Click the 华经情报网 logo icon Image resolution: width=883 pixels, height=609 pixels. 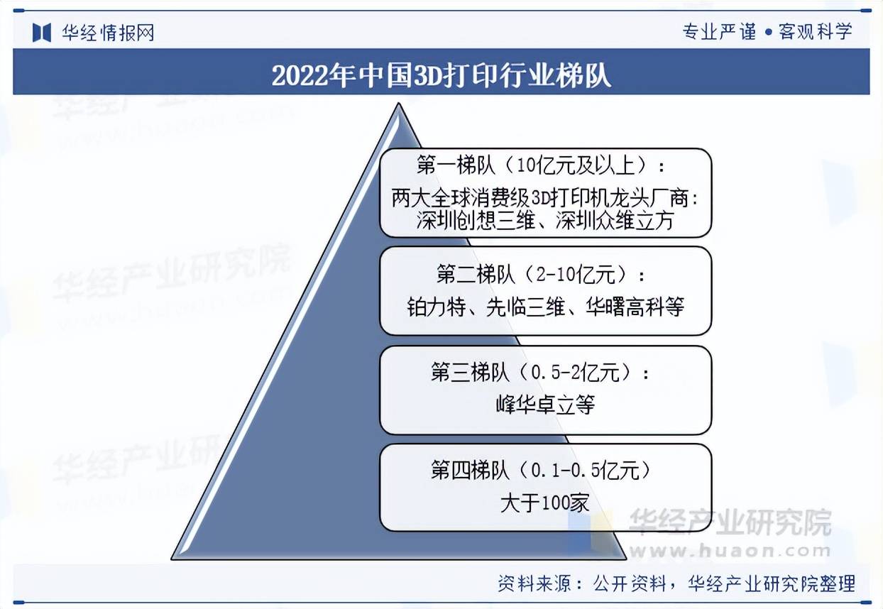tap(42, 33)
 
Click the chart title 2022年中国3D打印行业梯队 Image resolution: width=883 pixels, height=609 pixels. tap(441, 75)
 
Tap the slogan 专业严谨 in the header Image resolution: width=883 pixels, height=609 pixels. tap(720, 31)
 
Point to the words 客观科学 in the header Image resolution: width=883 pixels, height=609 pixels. tap(815, 31)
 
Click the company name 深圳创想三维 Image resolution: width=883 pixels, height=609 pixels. tap(476, 221)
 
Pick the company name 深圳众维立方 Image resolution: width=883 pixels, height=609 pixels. tap(615, 221)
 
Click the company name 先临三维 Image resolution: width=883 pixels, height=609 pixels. tap(525, 307)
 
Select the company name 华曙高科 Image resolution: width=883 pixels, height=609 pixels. tap(625, 307)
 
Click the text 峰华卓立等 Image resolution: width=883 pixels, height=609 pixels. tap(545, 405)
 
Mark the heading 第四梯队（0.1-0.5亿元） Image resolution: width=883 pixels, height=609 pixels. tap(541, 471)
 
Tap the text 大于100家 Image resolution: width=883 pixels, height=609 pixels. tap(545, 503)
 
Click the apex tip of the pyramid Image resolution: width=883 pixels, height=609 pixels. tap(398, 103)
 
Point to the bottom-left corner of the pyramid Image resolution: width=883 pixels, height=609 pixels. tap(172, 559)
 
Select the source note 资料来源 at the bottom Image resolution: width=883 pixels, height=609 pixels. tap(534, 583)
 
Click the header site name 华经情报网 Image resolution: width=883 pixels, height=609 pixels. tap(108, 33)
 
